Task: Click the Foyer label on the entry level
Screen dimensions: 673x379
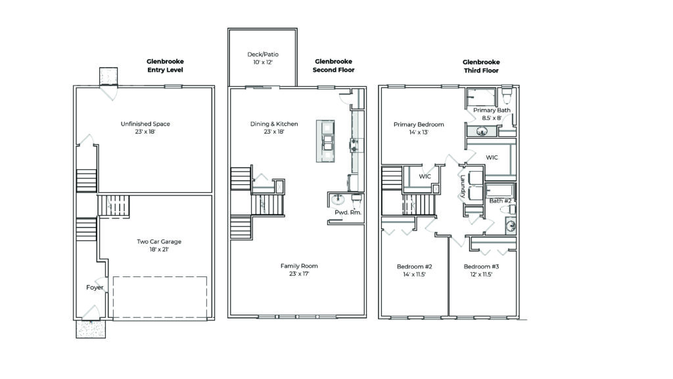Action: (x=95, y=288)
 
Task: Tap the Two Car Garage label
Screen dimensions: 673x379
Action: (x=159, y=241)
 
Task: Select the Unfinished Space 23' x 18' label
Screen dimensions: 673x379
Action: (x=145, y=128)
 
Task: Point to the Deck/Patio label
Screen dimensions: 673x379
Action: (x=263, y=55)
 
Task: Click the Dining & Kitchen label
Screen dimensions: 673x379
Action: (x=274, y=124)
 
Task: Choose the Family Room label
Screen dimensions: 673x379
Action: (x=299, y=266)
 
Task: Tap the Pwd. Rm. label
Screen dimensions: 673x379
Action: (x=348, y=213)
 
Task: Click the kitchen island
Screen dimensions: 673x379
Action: (x=325, y=141)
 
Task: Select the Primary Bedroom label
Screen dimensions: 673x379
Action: (x=419, y=124)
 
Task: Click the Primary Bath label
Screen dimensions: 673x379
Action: (x=492, y=110)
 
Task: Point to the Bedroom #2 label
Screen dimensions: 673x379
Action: (x=414, y=266)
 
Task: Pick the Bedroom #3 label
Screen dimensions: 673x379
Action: (x=481, y=266)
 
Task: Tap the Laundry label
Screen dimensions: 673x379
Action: (x=463, y=186)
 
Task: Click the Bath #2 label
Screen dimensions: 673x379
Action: (x=500, y=201)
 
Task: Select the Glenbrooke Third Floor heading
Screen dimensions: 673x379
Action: (x=481, y=66)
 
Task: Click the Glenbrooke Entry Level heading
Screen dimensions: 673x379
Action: (x=165, y=66)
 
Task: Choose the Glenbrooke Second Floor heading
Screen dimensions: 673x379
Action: (x=333, y=66)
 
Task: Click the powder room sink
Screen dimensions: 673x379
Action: (x=338, y=199)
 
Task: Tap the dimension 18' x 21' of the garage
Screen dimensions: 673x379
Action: (x=159, y=249)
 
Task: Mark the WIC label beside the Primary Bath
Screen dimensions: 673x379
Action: (x=492, y=158)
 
